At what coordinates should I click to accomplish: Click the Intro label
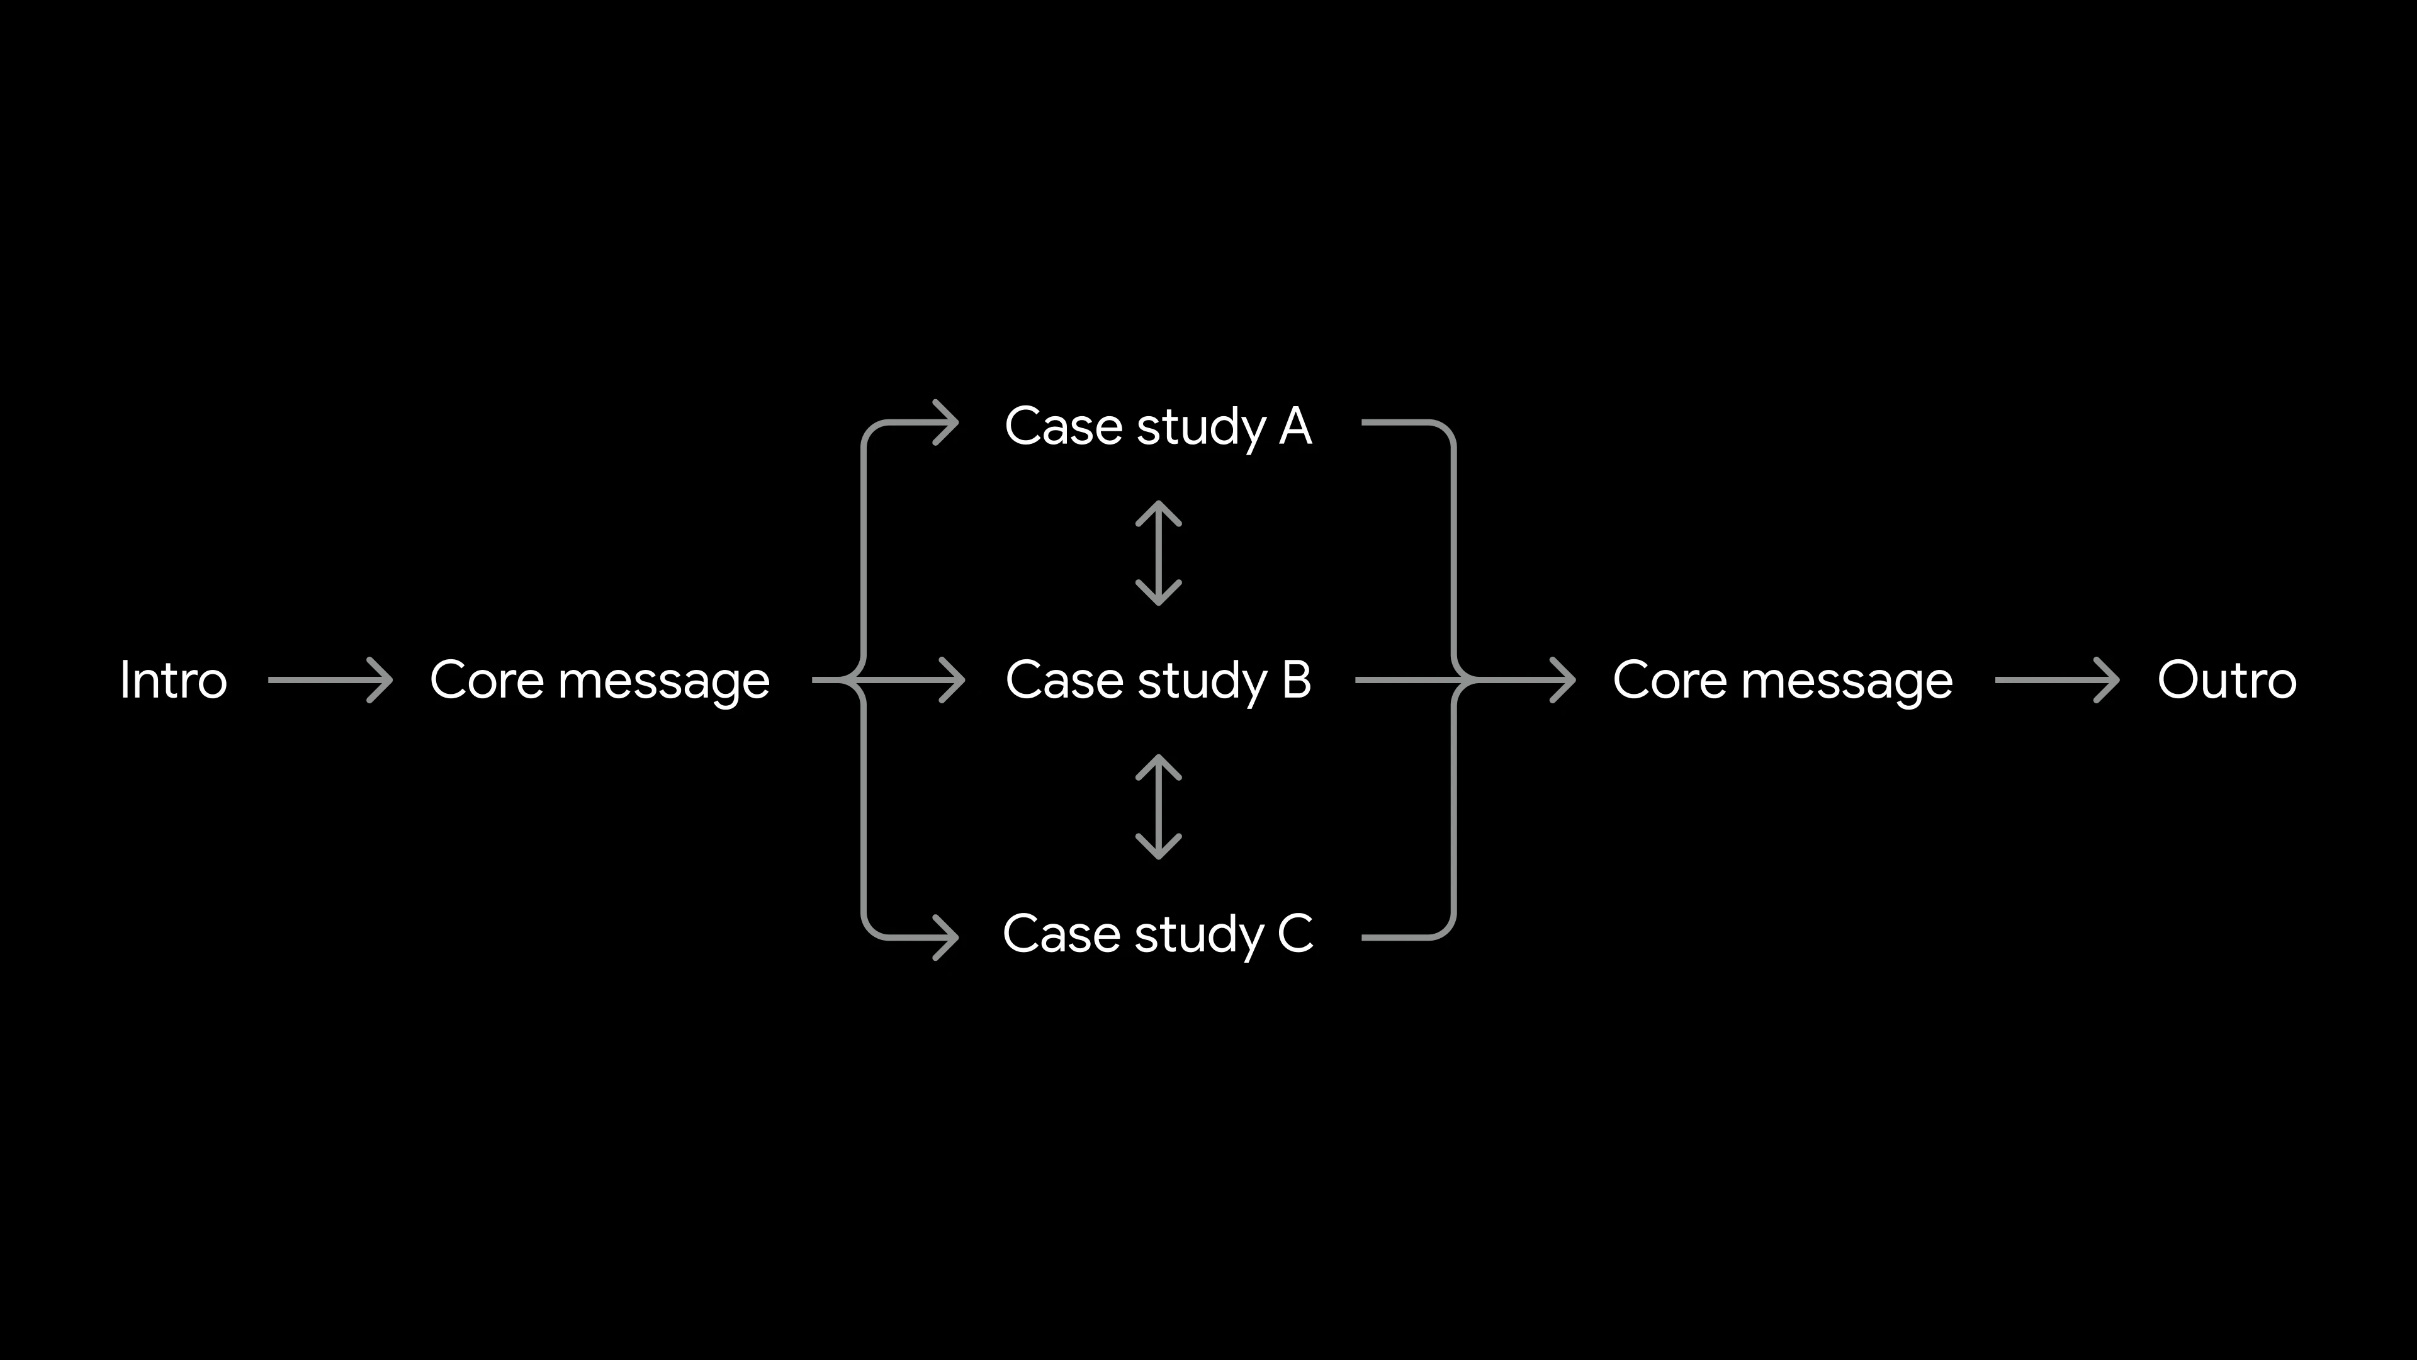pos(174,681)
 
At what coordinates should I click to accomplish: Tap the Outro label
pos(2226,681)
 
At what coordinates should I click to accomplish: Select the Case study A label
pos(1158,427)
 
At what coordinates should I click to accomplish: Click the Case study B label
pos(1158,681)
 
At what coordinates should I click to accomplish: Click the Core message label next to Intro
pos(600,681)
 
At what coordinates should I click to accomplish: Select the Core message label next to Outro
pos(1783,681)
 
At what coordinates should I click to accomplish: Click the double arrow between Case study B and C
pos(1159,807)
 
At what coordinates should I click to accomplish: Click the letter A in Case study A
pos(1295,427)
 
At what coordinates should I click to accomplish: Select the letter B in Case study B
pos(1296,681)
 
